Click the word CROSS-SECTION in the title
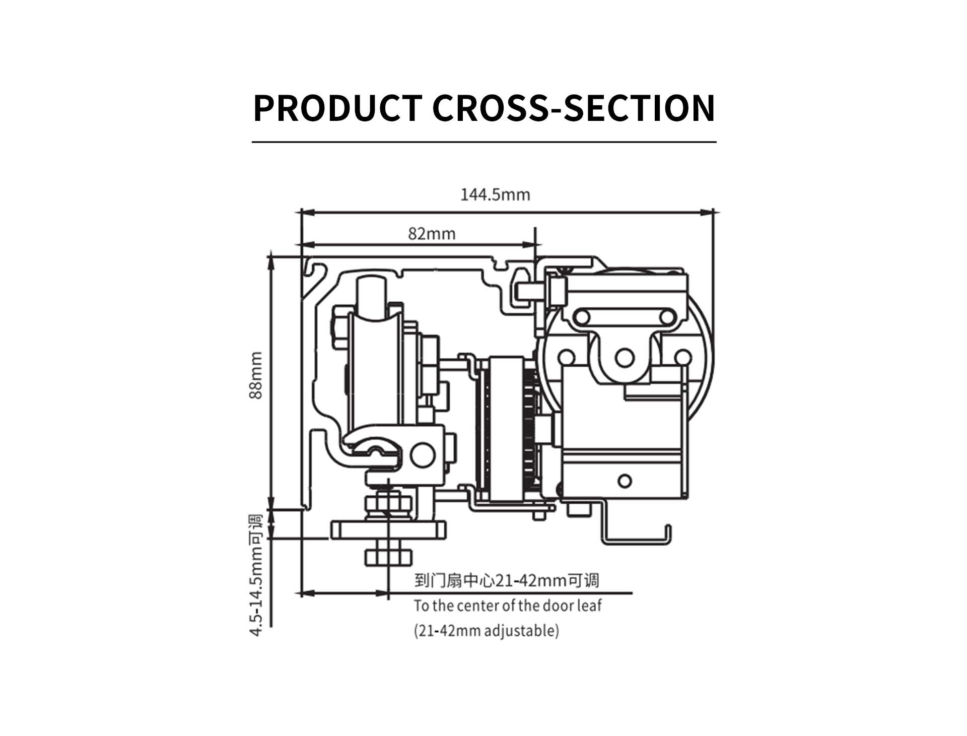point(574,108)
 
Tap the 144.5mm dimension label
point(495,194)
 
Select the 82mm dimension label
point(432,234)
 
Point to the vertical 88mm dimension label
point(256,375)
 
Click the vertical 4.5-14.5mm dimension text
point(256,575)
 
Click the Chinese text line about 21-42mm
point(507,580)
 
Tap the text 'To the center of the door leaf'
point(508,605)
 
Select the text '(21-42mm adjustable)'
point(487,630)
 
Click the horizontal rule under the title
point(483,143)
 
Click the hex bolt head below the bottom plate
point(388,557)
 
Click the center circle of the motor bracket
point(625,358)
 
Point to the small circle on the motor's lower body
point(625,481)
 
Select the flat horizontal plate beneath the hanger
point(388,530)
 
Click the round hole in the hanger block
point(422,455)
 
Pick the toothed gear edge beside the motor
point(529,428)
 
